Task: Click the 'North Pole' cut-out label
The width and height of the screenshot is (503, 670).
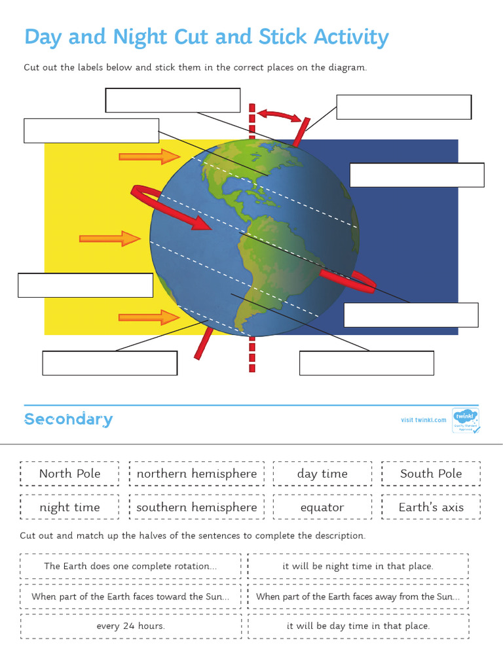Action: [69, 474]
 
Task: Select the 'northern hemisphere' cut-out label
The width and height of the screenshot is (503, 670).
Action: [196, 474]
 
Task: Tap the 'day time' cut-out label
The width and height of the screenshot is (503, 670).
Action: [322, 474]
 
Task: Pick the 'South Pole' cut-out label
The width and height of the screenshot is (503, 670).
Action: [431, 474]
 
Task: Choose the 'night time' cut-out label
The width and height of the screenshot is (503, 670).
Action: [69, 507]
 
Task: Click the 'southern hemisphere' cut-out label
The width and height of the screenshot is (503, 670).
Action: [196, 507]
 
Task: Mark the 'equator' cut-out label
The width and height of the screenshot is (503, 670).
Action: [322, 507]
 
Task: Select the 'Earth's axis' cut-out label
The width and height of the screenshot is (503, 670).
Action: [431, 507]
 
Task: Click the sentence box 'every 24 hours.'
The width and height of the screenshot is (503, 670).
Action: [130, 626]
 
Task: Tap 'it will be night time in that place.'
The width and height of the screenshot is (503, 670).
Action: [358, 567]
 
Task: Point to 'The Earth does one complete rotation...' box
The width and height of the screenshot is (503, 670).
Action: [130, 567]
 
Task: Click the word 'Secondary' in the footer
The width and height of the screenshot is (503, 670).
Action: [69, 419]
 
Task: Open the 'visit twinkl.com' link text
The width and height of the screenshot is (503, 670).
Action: [423, 420]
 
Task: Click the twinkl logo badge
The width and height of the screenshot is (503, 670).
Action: [465, 420]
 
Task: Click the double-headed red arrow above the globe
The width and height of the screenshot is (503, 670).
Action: [280, 115]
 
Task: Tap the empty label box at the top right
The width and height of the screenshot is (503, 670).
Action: [403, 107]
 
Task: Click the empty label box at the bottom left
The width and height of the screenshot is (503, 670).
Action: [109, 363]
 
